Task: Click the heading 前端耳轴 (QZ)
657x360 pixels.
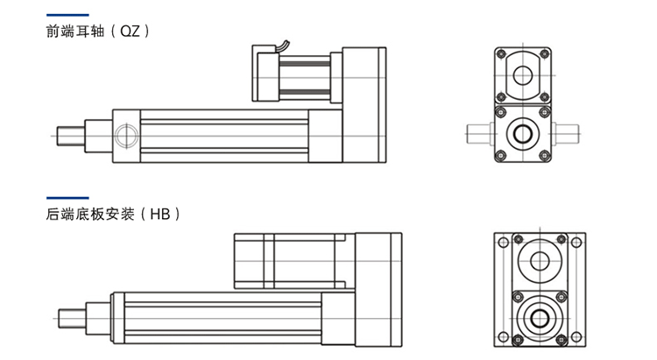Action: point(97,31)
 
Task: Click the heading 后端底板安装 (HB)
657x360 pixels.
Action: point(113,214)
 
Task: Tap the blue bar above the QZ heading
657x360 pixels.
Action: point(67,15)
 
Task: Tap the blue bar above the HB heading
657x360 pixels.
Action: point(67,198)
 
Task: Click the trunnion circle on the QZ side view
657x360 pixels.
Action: point(126,136)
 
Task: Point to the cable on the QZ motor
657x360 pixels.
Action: point(283,46)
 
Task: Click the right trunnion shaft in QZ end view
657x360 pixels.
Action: point(565,134)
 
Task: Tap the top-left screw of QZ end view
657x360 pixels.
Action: point(501,53)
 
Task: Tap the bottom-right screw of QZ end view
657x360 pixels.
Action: point(545,156)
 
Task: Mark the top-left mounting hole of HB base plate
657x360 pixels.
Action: point(503,243)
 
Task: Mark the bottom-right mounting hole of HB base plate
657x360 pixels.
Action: point(576,337)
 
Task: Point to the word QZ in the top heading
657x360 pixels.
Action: point(130,31)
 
